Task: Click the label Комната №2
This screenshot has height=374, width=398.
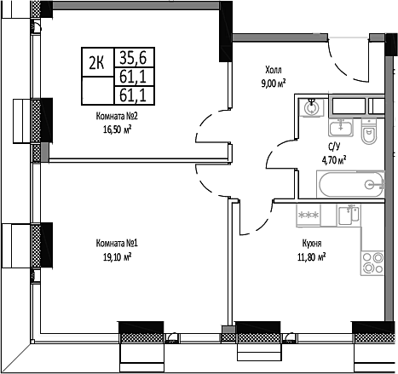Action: [118, 120]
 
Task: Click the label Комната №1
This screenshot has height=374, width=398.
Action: [117, 244]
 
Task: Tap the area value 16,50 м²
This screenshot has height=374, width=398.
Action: [118, 131]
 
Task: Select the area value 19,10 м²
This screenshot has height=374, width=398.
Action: [117, 256]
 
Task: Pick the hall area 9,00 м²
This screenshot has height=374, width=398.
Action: [272, 83]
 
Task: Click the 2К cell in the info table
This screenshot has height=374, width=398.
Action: [96, 60]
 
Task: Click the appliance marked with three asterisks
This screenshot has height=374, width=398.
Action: [308, 216]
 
